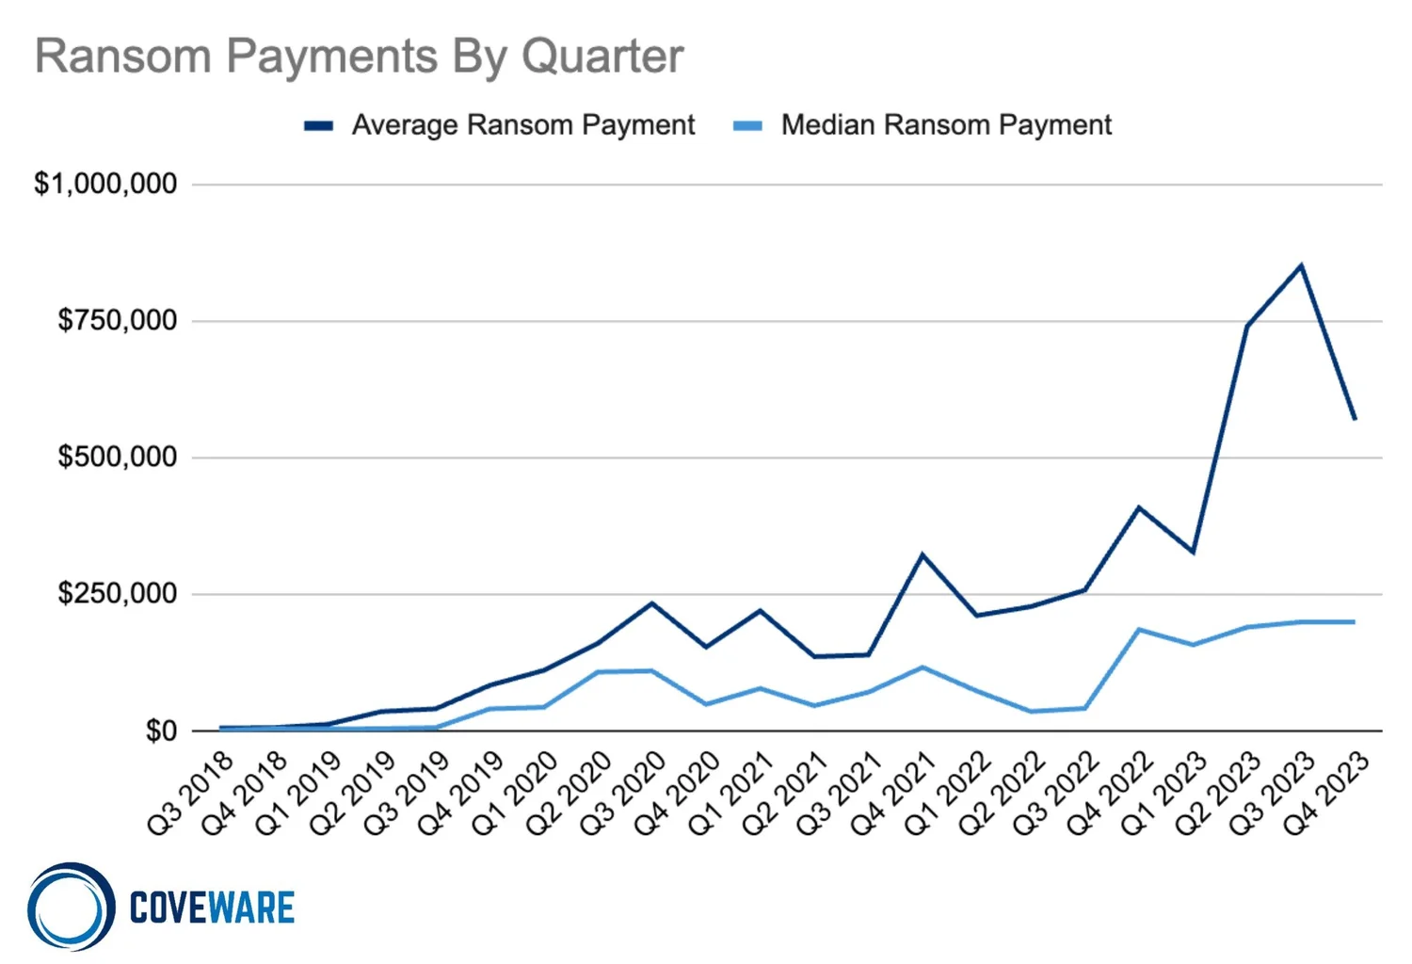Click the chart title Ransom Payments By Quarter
pyautogui.click(x=359, y=56)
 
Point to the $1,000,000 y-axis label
pyautogui.click(x=105, y=184)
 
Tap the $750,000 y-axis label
pyautogui.click(x=118, y=321)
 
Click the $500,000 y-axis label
pyautogui.click(x=118, y=458)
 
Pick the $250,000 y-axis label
pyautogui.click(x=118, y=594)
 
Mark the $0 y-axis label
pyautogui.click(x=161, y=731)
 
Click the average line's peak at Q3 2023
pyautogui.click(x=1301, y=265)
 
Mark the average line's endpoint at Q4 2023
pyautogui.click(x=1355, y=419)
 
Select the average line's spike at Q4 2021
pyautogui.click(x=923, y=554)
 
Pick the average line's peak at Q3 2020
pyautogui.click(x=651, y=602)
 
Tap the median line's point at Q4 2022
pyautogui.click(x=1139, y=629)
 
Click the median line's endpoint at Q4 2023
pyautogui.click(x=1355, y=621)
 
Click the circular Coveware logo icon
pyautogui.click(x=71, y=907)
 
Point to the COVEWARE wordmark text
pyautogui.click(x=212, y=908)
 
